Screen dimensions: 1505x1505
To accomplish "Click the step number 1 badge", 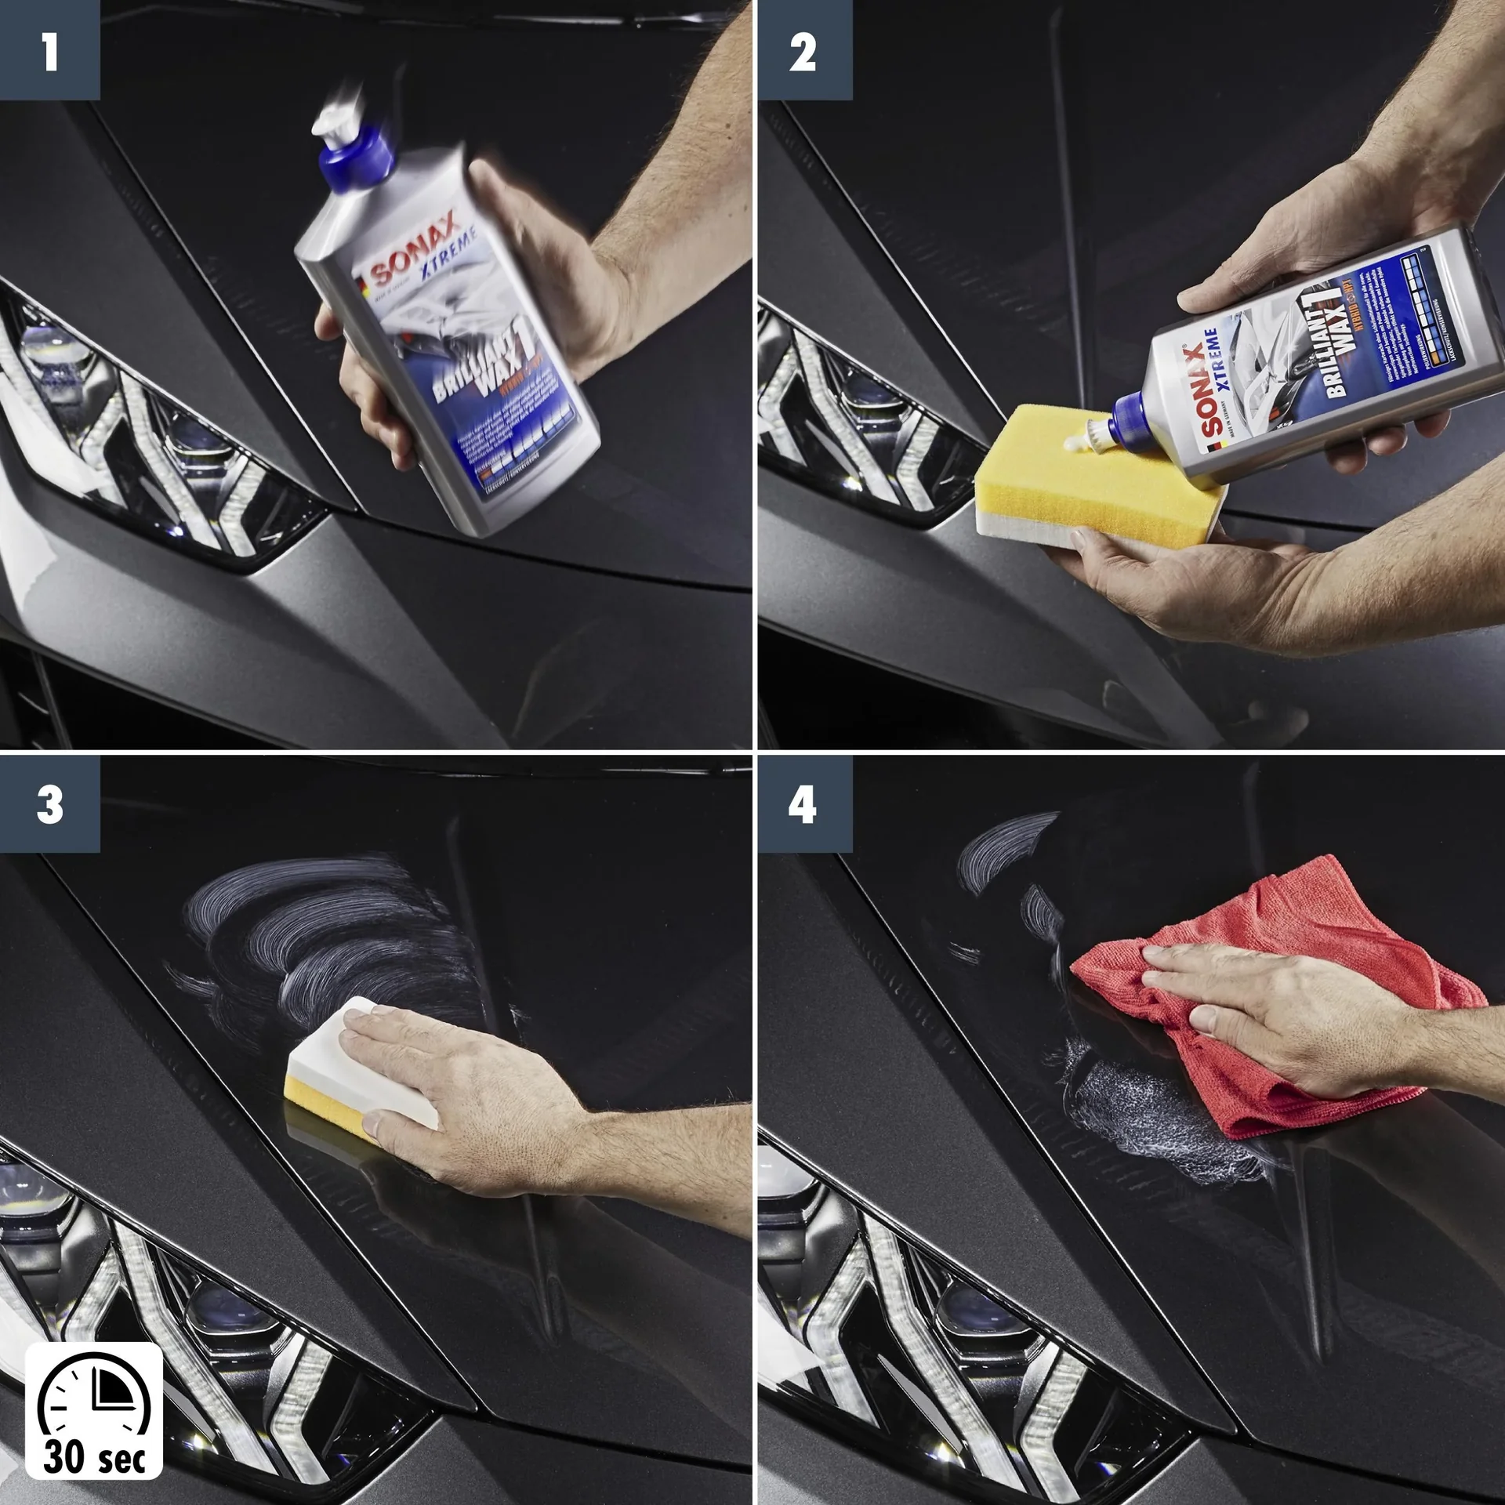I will coord(49,49).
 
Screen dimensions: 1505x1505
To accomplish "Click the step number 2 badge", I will coord(804,49).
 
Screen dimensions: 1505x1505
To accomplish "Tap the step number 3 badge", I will coord(49,804).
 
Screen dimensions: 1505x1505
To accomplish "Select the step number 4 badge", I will coord(804,804).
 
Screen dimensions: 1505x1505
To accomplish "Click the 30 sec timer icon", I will coord(94,1410).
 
